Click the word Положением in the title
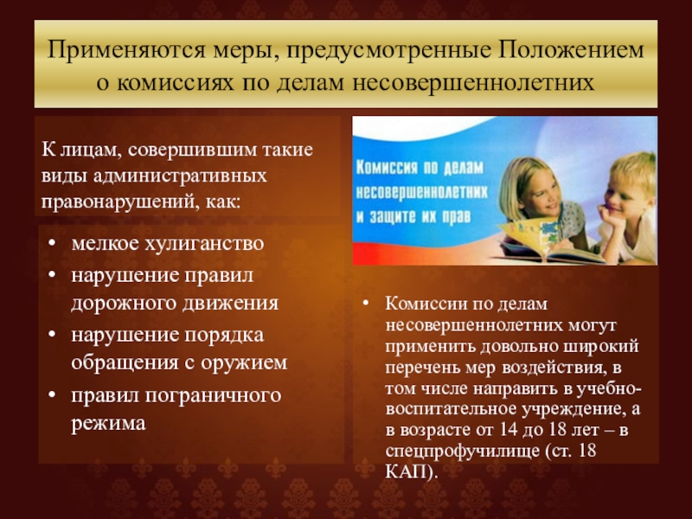click(x=572, y=50)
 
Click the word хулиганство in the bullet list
click(x=205, y=244)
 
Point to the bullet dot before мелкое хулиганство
click(x=53, y=243)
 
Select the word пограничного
click(x=213, y=396)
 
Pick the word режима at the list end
click(x=109, y=424)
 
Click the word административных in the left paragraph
click(x=180, y=176)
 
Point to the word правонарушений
click(x=118, y=202)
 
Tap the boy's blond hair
click(x=634, y=170)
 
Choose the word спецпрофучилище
click(x=462, y=452)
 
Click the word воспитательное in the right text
click(x=451, y=409)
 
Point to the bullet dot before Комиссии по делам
click(x=365, y=304)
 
